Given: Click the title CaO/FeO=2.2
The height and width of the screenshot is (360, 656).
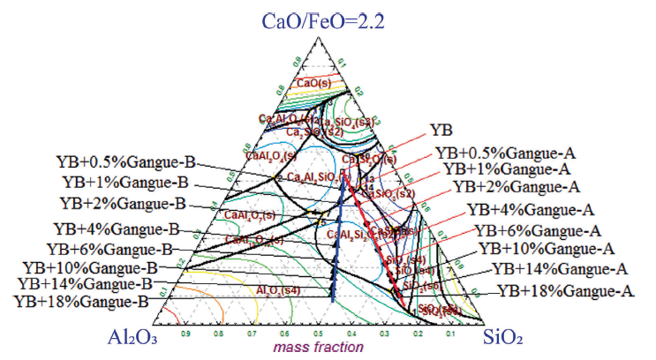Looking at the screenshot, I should tap(328, 19).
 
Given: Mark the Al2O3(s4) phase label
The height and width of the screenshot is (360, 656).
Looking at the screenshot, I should tap(278, 289).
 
